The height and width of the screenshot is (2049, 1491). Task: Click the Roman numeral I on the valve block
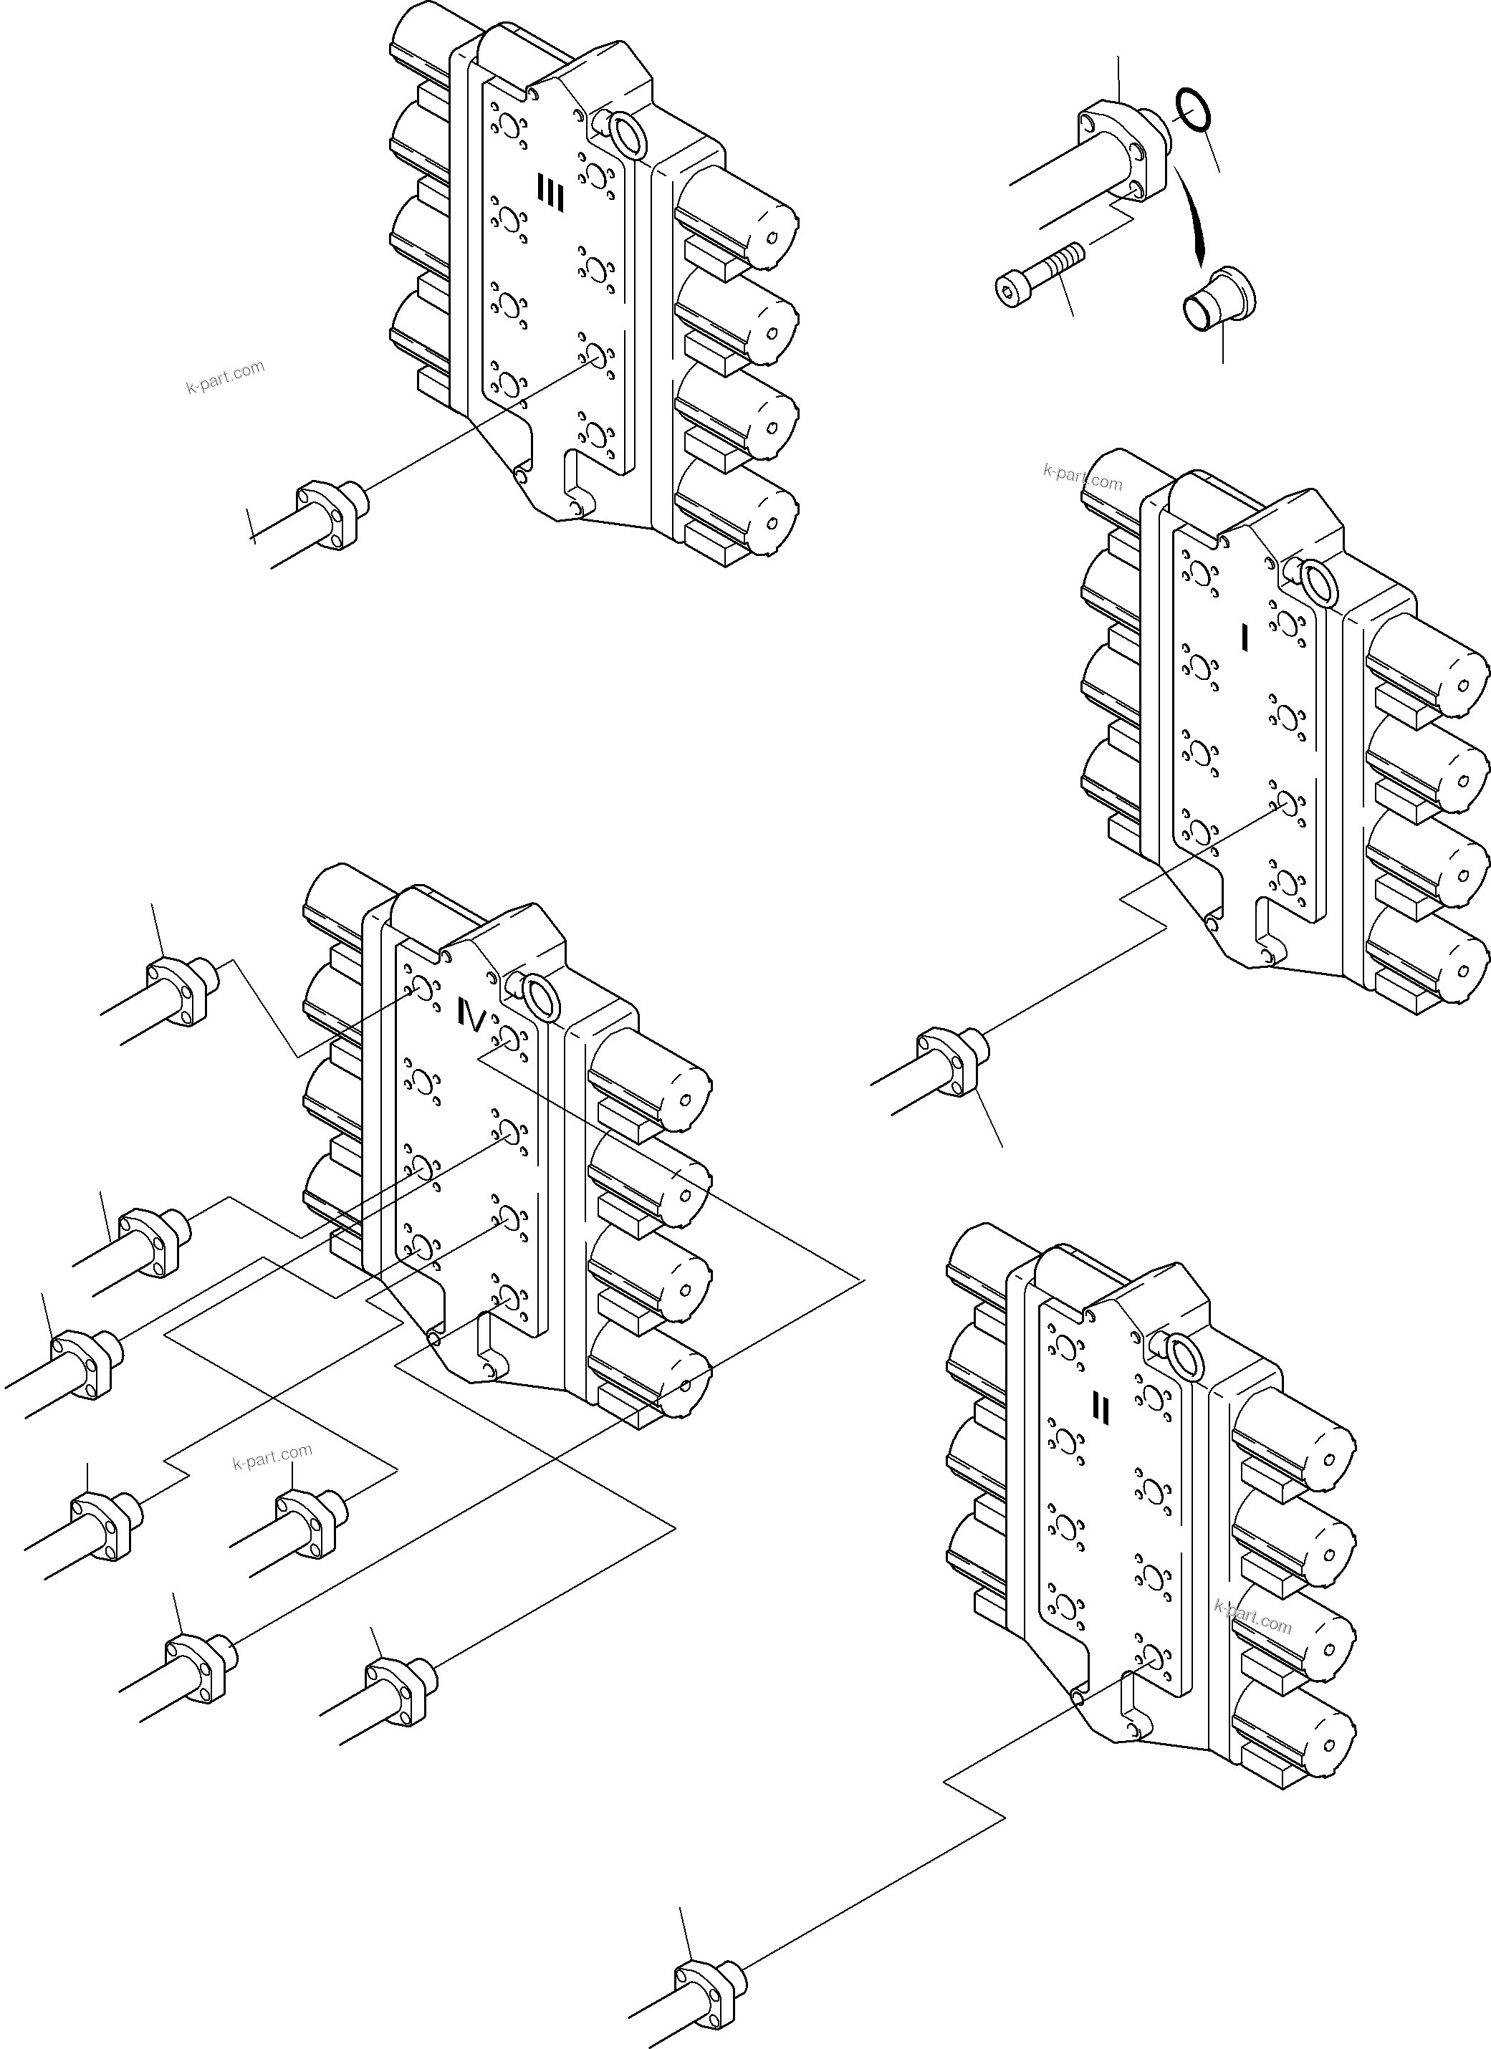pos(1245,638)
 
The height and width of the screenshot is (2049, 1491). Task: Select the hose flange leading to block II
pos(710,1980)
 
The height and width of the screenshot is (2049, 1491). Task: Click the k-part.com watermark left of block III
pos(225,378)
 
